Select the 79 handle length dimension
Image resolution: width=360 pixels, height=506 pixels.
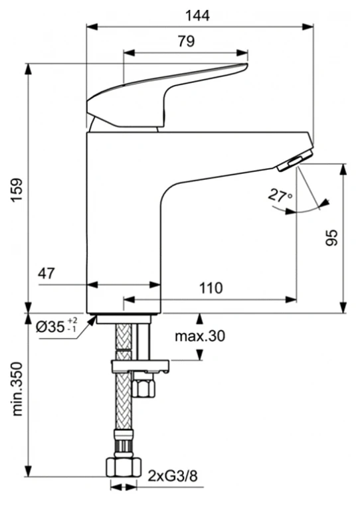point(187,41)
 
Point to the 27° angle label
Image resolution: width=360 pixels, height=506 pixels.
point(280,196)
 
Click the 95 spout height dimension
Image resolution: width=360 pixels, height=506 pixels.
point(332,238)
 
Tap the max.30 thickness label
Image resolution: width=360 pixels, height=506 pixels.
point(200,336)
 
